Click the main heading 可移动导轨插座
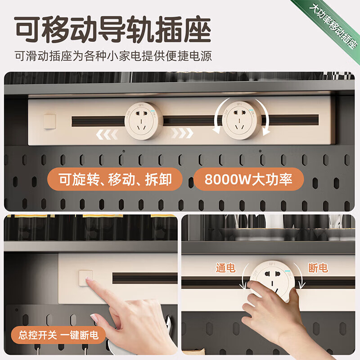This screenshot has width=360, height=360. pyautogui.click(x=112, y=31)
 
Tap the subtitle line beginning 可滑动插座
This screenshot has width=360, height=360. pyautogui.click(x=112, y=57)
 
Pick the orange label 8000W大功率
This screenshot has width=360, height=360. pyautogui.click(x=248, y=179)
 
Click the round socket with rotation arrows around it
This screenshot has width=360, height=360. pyautogui.click(x=243, y=120)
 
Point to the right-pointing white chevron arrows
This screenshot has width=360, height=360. pyautogui.click(x=183, y=133)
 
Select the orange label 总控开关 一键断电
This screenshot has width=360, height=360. pyautogui.click(x=56, y=335)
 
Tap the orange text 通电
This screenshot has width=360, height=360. pyautogui.click(x=225, y=268)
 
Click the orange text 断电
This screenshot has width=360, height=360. pyautogui.click(x=318, y=268)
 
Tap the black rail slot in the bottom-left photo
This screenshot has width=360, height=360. pyautogui.click(x=144, y=278)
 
